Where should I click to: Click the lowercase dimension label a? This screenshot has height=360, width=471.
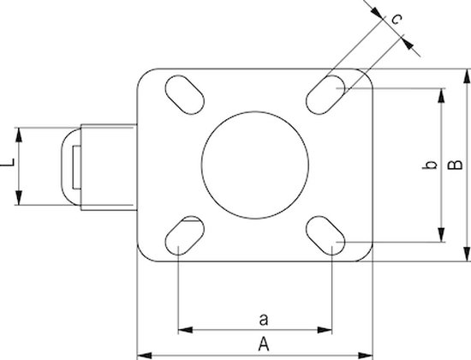point(264,320)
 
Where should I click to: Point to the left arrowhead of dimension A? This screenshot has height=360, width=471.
point(144,351)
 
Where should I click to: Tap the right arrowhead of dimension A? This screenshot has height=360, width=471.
point(366,351)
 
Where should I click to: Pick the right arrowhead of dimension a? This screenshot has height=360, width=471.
point(326,328)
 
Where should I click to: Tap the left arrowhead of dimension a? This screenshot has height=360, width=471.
point(183,328)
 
